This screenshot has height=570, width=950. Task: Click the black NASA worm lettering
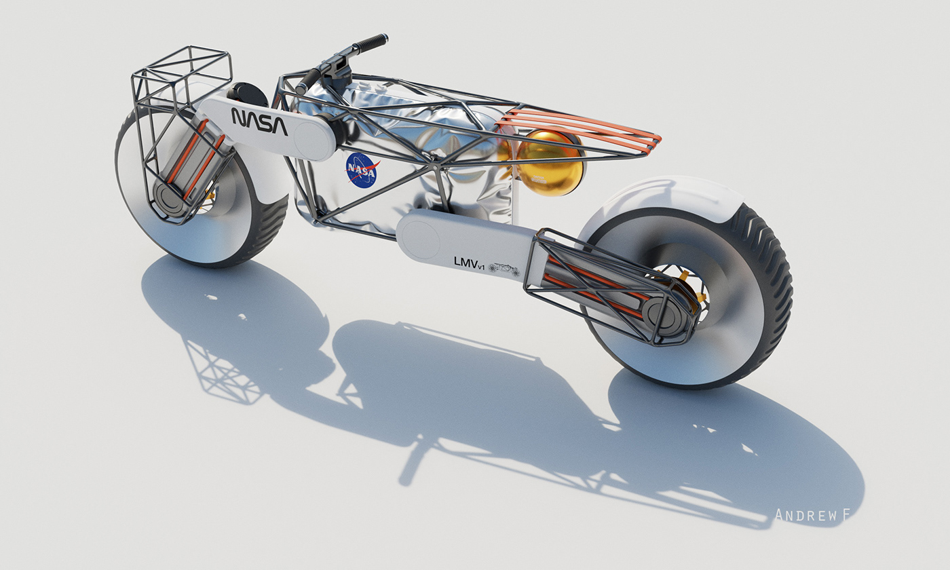259,121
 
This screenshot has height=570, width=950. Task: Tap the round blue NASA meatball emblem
362,169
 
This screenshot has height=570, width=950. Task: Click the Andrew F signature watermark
812,515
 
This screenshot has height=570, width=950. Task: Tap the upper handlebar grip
370,43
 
